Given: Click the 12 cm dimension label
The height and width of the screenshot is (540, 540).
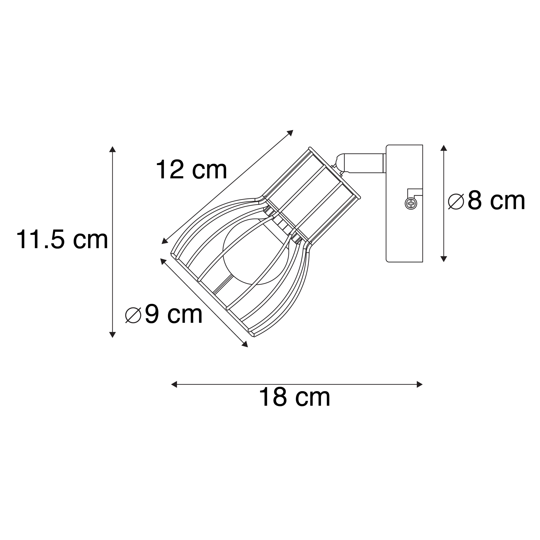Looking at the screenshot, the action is (x=192, y=170).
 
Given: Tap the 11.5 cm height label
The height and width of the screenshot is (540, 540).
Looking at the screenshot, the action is (x=62, y=240).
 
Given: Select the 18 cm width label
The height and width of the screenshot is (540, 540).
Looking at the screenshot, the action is (x=295, y=397).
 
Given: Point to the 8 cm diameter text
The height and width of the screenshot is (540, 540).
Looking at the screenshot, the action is (x=496, y=201).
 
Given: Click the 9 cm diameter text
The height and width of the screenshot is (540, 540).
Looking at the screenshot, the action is (x=174, y=314).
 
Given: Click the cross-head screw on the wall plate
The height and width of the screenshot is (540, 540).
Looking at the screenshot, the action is (x=411, y=203).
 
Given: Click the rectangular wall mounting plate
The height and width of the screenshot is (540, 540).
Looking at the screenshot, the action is (x=404, y=203).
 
